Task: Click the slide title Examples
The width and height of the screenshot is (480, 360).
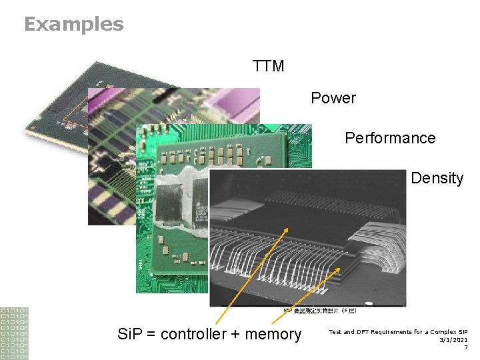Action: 73,25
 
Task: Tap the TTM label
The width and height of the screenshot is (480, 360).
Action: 269,66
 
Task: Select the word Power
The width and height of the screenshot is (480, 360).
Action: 333,98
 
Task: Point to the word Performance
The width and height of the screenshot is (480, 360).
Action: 390,138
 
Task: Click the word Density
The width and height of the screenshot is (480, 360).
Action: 437,178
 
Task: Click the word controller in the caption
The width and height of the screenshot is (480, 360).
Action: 193,334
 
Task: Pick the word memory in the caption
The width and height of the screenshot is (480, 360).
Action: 273,334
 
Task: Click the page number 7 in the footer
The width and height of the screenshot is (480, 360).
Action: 465,347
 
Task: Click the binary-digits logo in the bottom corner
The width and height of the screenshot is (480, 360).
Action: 14,333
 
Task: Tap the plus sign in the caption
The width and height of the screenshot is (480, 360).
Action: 235,335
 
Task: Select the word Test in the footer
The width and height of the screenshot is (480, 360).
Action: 335,331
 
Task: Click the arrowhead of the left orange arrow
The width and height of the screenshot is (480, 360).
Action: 287,229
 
